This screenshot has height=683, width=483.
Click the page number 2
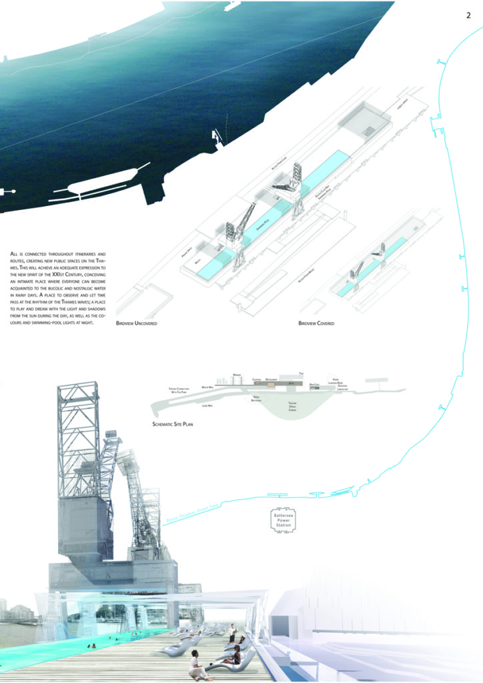469,16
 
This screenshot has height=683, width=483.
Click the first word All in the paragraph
15,255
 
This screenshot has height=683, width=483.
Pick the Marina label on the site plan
235,375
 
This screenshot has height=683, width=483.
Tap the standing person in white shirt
231,630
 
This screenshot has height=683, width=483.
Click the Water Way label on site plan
207,387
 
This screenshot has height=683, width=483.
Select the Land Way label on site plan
207,405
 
